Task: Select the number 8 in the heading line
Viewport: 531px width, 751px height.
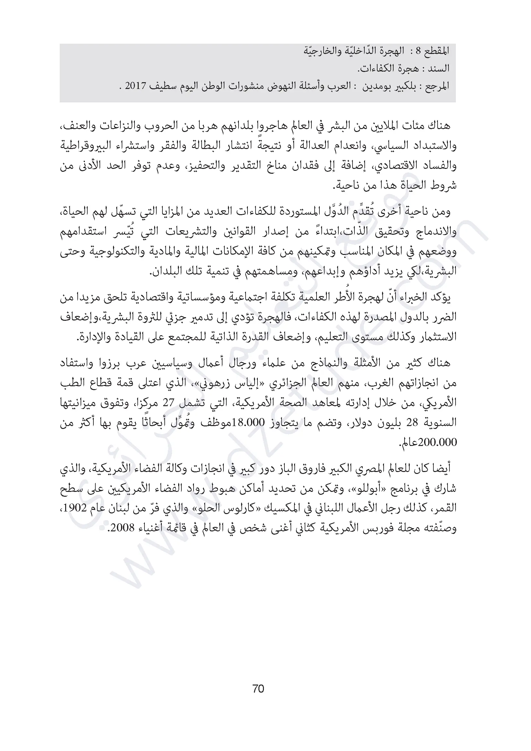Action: tap(418, 51)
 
